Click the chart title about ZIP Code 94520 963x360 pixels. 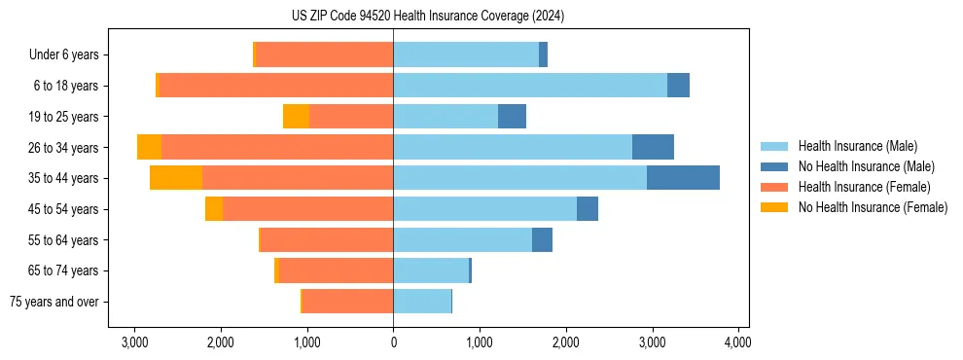point(427,17)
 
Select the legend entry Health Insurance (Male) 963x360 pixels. point(855,147)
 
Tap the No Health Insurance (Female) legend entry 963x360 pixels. point(873,207)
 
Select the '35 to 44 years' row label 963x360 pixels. point(64,178)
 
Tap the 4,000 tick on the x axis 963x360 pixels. point(737,342)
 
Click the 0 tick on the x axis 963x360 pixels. point(393,342)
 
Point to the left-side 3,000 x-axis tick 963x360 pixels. point(134,342)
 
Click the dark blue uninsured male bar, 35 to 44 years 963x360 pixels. point(683,178)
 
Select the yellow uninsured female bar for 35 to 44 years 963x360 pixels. point(176,178)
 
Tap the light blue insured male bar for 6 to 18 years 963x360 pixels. point(530,86)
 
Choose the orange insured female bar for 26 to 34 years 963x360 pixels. point(277,147)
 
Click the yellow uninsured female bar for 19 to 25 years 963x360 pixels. point(296,117)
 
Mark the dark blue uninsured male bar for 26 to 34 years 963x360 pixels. point(653,147)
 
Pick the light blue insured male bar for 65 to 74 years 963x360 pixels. point(431,270)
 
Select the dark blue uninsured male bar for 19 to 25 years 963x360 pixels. point(512,117)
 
